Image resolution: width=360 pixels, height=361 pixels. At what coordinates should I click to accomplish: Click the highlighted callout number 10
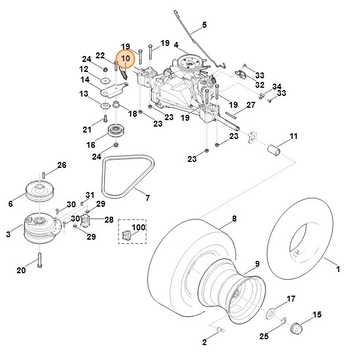[125, 59]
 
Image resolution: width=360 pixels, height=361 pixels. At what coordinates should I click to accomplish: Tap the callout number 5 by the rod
[204, 25]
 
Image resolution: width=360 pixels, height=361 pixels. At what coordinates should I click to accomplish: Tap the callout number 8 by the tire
[234, 218]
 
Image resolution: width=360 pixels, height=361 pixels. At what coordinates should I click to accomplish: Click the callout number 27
[250, 105]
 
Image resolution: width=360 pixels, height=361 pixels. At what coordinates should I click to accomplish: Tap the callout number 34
[276, 87]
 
